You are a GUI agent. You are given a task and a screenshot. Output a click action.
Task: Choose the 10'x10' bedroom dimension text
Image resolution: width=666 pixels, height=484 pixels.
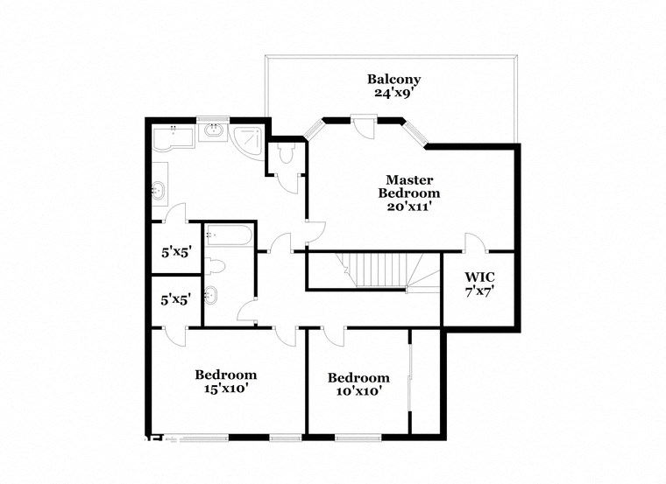pos(358,391)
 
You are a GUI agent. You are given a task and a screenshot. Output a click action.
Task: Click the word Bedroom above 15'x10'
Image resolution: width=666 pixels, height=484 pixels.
pos(225,375)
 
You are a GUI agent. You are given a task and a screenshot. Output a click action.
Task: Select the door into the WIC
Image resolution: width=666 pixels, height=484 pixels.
pos(473,242)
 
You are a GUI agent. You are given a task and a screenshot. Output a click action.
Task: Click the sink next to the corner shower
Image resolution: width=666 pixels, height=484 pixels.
pos(213,133)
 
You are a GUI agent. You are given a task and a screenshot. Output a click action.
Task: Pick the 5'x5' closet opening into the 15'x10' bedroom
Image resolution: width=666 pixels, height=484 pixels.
pos(171,299)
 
